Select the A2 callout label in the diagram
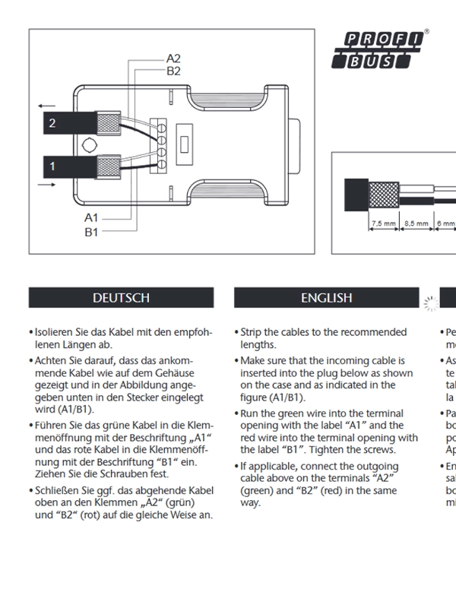(x=173, y=59)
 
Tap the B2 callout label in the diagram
(x=173, y=71)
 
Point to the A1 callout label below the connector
(x=91, y=218)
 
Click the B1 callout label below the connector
(x=91, y=232)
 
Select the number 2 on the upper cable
(x=52, y=123)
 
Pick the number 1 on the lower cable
(x=52, y=165)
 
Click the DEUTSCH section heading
(x=121, y=298)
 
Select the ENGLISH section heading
(x=326, y=298)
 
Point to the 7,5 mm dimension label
(x=384, y=223)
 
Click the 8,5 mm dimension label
(x=416, y=223)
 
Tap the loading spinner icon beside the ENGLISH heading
(x=430, y=303)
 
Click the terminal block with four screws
(x=160, y=144)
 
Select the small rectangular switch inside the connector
(x=183, y=144)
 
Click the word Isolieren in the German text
(x=57, y=333)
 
